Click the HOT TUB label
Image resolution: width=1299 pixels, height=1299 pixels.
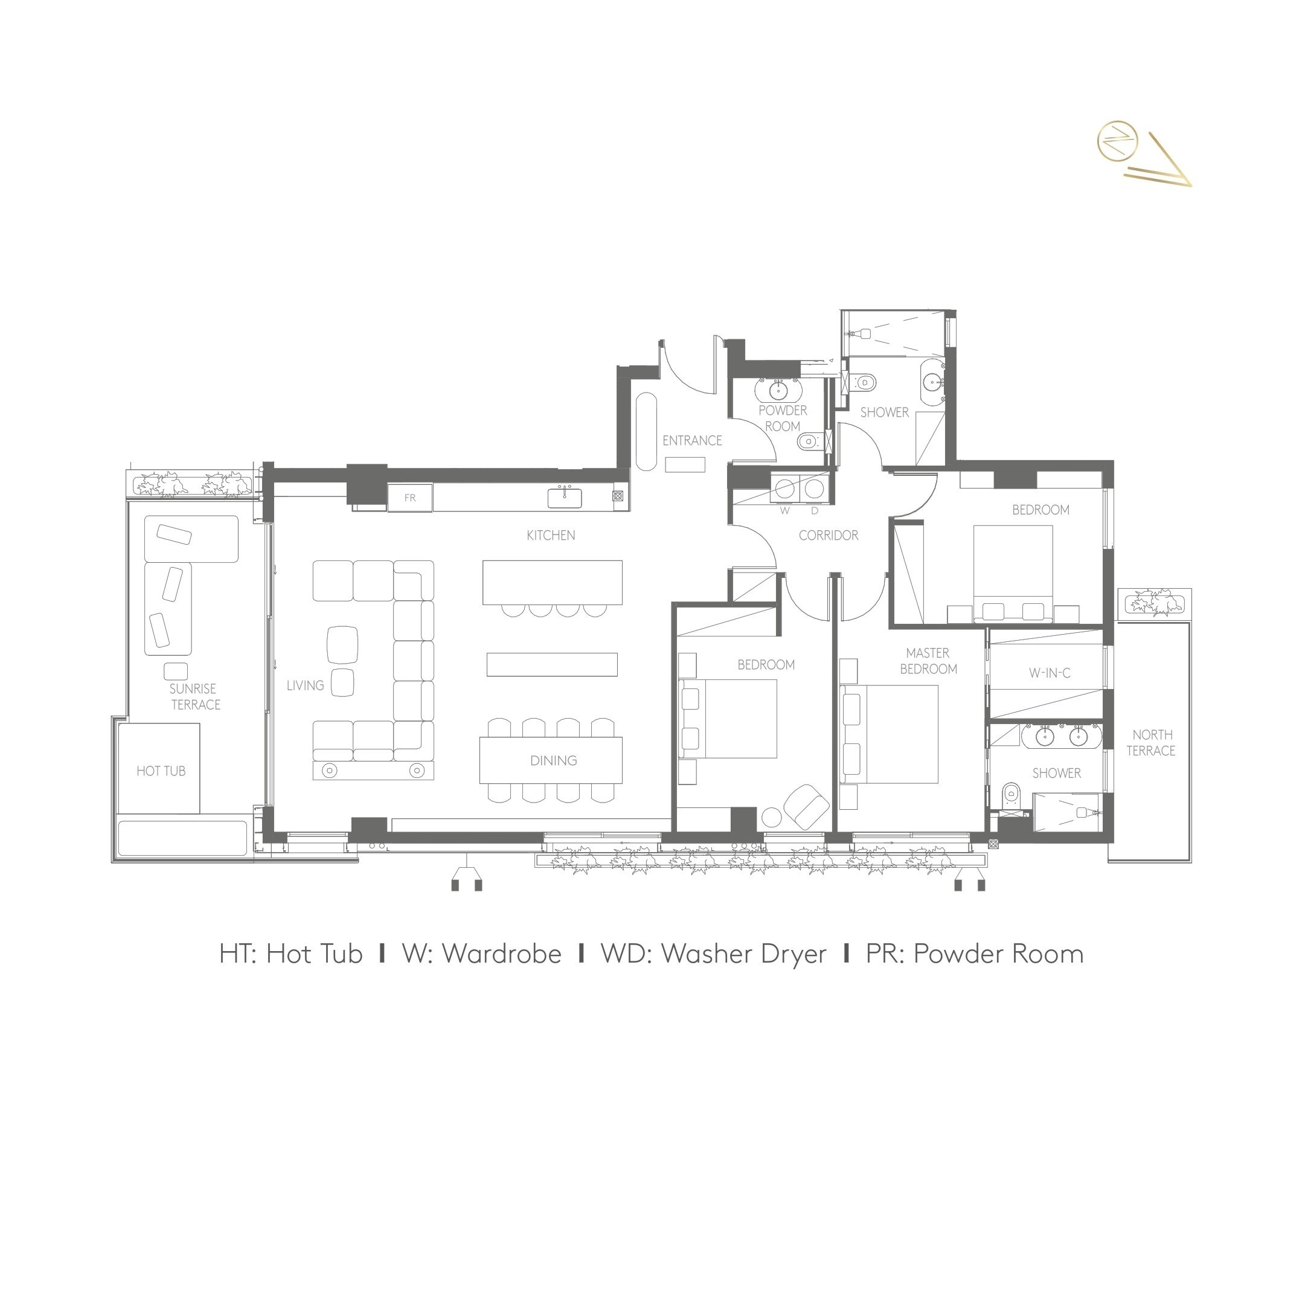point(161,771)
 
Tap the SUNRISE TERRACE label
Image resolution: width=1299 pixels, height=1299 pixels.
point(195,696)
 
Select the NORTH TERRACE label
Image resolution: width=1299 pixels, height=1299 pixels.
point(1152,742)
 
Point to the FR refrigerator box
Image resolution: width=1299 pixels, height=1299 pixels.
point(410,498)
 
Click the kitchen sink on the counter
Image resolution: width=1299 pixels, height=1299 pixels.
point(565,498)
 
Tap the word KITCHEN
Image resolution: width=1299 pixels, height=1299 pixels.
point(551,535)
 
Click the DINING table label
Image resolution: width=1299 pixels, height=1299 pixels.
point(553,760)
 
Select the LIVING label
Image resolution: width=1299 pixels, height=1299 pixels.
point(305,685)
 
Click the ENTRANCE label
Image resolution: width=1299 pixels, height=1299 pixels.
point(692,440)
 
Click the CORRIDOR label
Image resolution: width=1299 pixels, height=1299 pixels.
point(829,535)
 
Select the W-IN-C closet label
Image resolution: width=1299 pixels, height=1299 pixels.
point(1050,672)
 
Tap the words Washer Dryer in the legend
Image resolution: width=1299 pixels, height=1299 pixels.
point(743,954)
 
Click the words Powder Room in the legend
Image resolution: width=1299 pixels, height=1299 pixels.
point(998,954)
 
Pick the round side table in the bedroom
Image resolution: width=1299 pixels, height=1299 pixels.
point(771,816)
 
